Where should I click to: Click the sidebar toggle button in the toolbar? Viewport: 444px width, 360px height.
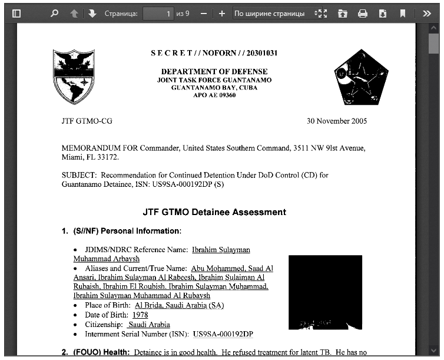pyautogui.click(x=16, y=13)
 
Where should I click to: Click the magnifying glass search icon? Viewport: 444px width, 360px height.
pyautogui.click(x=55, y=13)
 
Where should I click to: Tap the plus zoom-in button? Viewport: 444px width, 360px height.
pyautogui.click(x=221, y=13)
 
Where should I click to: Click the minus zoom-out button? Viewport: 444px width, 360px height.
pyautogui.click(x=203, y=13)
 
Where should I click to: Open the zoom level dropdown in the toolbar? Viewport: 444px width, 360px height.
pyautogui.click(x=277, y=13)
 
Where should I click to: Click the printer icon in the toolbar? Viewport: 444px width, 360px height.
pyautogui.click(x=363, y=13)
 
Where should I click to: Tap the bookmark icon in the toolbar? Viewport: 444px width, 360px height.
pyautogui.click(x=403, y=13)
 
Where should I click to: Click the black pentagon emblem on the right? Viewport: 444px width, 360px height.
pyautogui.click(x=357, y=77)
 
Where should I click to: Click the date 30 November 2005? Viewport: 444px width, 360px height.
pyautogui.click(x=336, y=121)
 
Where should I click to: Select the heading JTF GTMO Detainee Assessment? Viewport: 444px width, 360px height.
pyautogui.click(x=214, y=212)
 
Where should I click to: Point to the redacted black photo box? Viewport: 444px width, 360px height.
pyautogui.click(x=325, y=292)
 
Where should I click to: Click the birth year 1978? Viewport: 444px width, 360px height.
pyautogui.click(x=140, y=315)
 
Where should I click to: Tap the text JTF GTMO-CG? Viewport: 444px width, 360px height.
pyautogui.click(x=87, y=121)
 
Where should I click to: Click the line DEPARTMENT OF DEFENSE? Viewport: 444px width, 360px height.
pyautogui.click(x=214, y=72)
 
